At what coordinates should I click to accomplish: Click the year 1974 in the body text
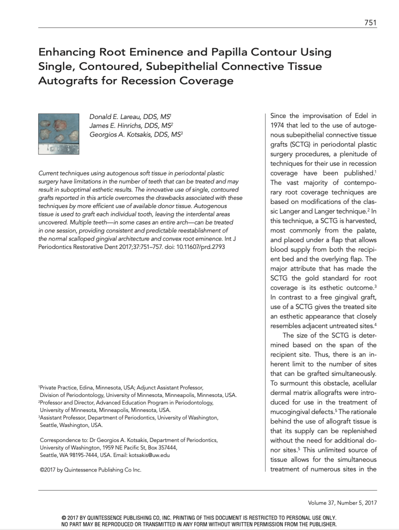pyautogui.click(x=280, y=125)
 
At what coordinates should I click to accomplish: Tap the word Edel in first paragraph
pyautogui.click(x=355, y=116)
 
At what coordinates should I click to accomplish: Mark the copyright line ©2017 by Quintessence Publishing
pyautogui.click(x=90, y=470)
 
